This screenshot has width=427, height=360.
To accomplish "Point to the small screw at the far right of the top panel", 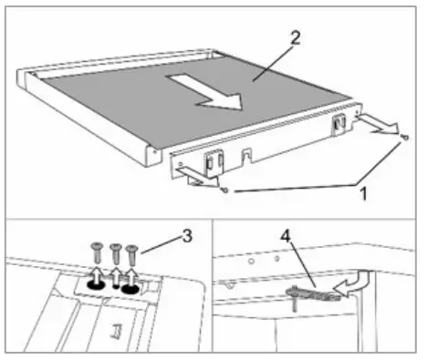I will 403,137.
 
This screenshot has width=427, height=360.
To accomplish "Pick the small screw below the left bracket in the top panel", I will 224,190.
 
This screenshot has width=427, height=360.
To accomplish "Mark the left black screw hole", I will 94,284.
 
